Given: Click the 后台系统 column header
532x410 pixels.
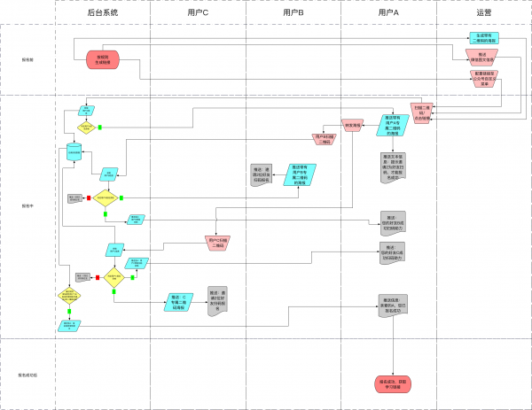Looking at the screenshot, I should click(x=103, y=13).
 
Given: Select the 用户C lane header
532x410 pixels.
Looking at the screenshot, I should click(x=199, y=13).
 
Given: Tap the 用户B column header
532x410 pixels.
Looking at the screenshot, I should click(x=293, y=13).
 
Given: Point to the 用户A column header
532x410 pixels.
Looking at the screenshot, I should click(x=388, y=13).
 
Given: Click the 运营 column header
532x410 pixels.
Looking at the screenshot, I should click(x=483, y=13).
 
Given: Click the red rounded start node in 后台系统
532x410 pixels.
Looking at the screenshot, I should click(x=103, y=59).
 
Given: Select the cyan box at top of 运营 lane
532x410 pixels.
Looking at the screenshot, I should click(x=483, y=38).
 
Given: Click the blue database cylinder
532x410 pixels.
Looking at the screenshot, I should click(x=75, y=151).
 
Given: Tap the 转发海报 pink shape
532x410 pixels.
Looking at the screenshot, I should click(x=353, y=126).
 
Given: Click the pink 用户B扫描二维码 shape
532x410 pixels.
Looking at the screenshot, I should click(x=324, y=138).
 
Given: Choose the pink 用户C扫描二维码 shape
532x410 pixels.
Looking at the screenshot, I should click(x=218, y=242).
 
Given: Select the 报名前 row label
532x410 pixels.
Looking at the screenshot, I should click(x=27, y=59).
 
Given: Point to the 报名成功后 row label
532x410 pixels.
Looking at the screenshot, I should click(x=27, y=374).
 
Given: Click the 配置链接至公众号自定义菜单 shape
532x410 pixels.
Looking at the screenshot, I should click(x=483, y=77).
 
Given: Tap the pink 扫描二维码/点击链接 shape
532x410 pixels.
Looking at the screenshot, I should click(x=423, y=114).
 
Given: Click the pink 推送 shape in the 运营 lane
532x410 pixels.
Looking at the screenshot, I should click(x=483, y=57).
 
